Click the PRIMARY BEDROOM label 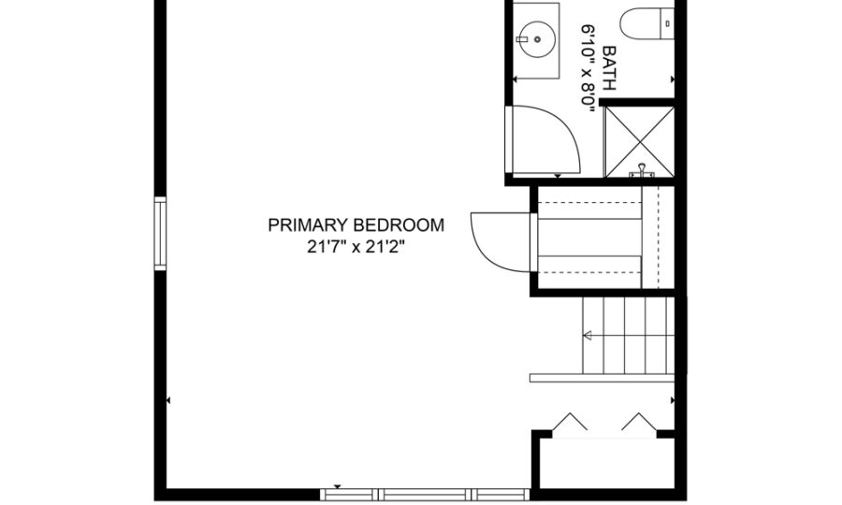(x=356, y=224)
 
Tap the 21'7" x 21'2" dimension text (x=356, y=247)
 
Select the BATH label (x=609, y=67)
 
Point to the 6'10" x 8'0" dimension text (x=588, y=68)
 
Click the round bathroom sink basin (x=537, y=39)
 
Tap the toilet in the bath (x=647, y=23)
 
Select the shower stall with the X (x=640, y=141)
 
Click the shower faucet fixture (x=642, y=170)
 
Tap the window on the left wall (x=160, y=234)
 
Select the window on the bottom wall (x=425, y=495)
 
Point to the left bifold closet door (x=569, y=421)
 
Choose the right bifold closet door (x=639, y=421)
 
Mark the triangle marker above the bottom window (x=337, y=486)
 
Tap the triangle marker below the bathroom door (x=558, y=176)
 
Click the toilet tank (x=667, y=23)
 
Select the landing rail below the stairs (x=602, y=378)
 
